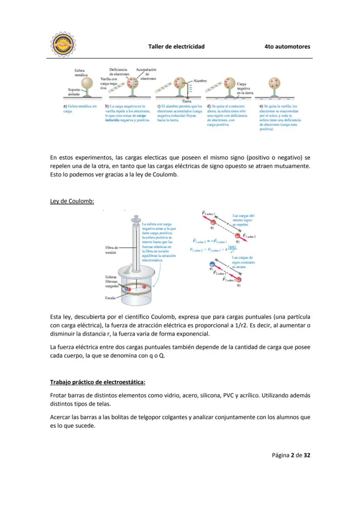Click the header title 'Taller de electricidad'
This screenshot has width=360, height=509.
pyautogui.click(x=176, y=47)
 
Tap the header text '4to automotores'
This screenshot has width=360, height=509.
pyautogui.click(x=287, y=47)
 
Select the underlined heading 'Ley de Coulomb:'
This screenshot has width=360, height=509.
pyautogui.click(x=72, y=201)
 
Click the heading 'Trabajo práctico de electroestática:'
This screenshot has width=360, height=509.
pyautogui.click(x=97, y=382)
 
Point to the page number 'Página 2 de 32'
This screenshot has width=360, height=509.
pyautogui.click(x=291, y=455)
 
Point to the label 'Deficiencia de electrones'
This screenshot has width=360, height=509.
pyautogui.click(x=118, y=72)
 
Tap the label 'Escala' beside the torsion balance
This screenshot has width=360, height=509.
pyautogui.click(x=110, y=298)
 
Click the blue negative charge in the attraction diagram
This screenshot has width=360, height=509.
pyautogui.click(x=212, y=264)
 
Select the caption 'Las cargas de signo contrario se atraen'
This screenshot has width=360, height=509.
pyautogui.click(x=243, y=262)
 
